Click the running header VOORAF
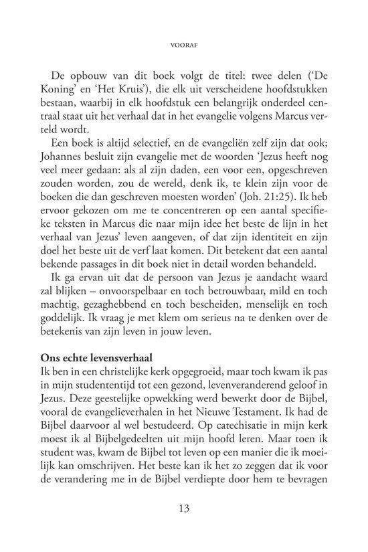point(184,47)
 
